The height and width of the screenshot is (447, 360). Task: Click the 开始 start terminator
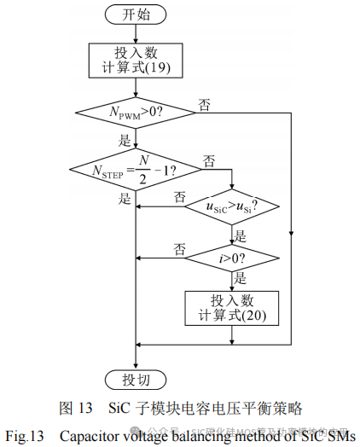(x=136, y=15)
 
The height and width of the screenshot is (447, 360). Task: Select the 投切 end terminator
(x=136, y=378)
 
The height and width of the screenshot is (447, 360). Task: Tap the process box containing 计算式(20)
(x=232, y=309)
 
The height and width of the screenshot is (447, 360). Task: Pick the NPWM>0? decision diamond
(x=136, y=111)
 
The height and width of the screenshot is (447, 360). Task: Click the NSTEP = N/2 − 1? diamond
(x=136, y=170)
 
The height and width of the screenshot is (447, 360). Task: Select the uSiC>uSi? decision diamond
(x=232, y=207)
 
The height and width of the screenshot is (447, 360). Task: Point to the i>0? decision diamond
(x=232, y=256)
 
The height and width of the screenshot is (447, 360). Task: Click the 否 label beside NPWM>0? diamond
(x=205, y=104)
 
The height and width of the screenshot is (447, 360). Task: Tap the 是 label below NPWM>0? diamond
(x=125, y=139)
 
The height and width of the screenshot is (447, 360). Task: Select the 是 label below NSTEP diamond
(x=125, y=200)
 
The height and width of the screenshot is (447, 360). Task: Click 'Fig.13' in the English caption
(x=25, y=435)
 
